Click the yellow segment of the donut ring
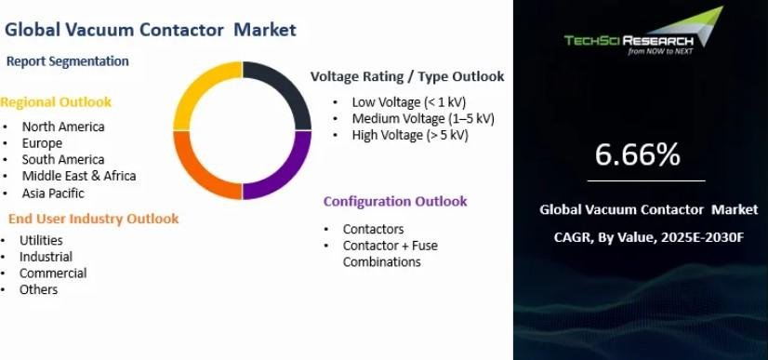(x=192, y=87)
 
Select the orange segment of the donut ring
(x=192, y=175)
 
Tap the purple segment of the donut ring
(x=293, y=174)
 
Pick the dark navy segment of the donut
(x=293, y=87)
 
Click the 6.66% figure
(x=637, y=154)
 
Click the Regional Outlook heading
(x=56, y=102)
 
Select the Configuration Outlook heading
(x=395, y=201)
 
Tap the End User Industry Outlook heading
(x=94, y=219)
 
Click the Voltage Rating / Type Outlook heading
(x=407, y=76)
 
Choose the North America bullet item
(x=63, y=127)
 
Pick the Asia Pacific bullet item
(x=53, y=193)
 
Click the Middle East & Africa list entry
(x=79, y=176)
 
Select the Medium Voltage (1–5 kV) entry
(x=423, y=118)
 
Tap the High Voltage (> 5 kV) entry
(x=410, y=135)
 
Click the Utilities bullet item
(x=41, y=241)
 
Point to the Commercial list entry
(x=53, y=273)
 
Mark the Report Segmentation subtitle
(x=68, y=61)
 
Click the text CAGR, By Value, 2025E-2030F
(x=649, y=237)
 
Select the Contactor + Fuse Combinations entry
(x=391, y=254)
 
